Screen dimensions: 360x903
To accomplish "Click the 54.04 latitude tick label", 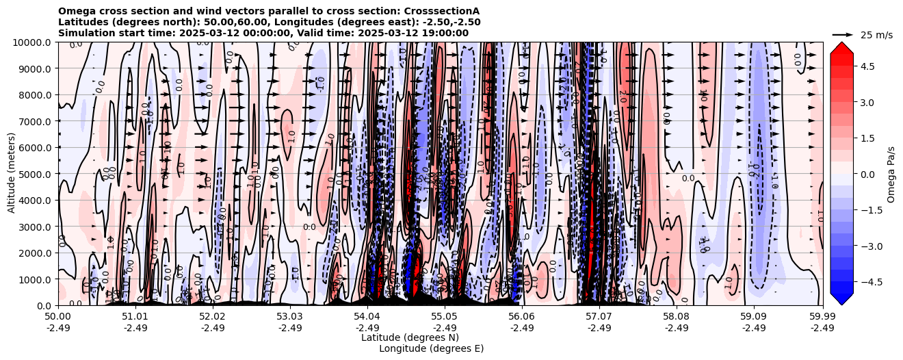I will click(x=367, y=317).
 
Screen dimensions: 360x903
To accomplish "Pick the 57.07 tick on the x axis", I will click(x=599, y=317).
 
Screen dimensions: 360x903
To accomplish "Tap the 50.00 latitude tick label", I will click(x=58, y=317).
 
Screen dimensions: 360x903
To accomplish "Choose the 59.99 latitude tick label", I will click(x=822, y=317).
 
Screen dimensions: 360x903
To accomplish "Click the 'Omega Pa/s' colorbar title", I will click(x=891, y=174).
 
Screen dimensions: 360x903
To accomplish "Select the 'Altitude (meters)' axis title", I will click(x=12, y=174).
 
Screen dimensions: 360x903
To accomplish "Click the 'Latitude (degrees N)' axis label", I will click(x=410, y=337).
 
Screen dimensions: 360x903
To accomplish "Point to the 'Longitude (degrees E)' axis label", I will click(x=431, y=348).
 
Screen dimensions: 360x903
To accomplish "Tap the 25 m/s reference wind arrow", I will click(x=842, y=34).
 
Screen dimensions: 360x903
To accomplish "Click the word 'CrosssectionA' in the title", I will click(x=442, y=11).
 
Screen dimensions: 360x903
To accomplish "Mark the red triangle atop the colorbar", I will click(x=841, y=47).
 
